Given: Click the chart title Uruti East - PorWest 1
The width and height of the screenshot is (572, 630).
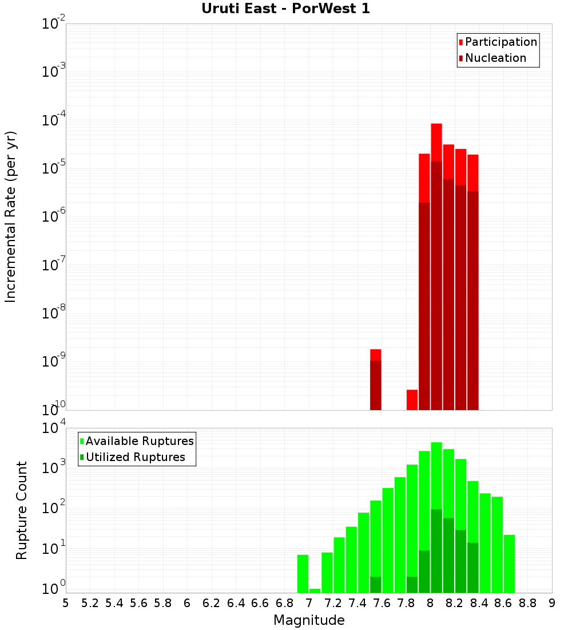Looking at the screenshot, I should [285, 9].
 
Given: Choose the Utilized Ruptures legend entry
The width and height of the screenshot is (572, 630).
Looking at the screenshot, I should [135, 457].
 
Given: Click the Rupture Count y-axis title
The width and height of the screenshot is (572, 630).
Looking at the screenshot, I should [22, 510].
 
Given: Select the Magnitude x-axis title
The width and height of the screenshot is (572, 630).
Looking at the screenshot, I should [309, 620].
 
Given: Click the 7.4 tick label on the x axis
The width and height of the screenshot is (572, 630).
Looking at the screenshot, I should [357, 603].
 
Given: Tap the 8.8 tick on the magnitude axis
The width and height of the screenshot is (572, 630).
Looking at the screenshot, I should [527, 603].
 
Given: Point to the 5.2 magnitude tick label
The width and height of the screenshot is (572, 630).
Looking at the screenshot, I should [90, 603].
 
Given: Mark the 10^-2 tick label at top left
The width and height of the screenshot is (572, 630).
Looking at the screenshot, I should [53, 24].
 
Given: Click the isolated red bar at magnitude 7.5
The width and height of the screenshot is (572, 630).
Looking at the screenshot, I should [375, 378].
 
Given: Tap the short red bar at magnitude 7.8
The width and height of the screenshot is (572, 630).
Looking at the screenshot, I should [412, 399].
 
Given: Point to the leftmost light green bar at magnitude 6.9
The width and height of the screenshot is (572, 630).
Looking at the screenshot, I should [303, 573].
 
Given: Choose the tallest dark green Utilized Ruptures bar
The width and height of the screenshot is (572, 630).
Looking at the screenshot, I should [436, 550].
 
